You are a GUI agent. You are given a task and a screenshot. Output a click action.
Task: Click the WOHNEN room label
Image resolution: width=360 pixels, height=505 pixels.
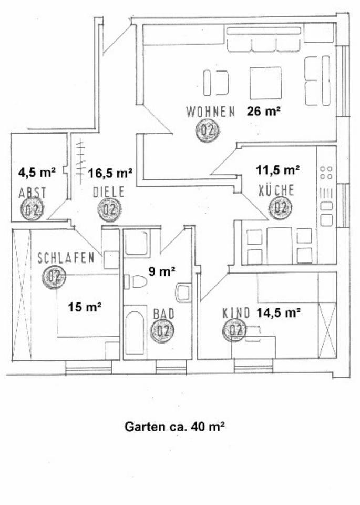click(x=210, y=112)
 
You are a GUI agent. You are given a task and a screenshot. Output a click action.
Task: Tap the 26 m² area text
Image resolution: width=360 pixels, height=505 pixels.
click(x=263, y=111)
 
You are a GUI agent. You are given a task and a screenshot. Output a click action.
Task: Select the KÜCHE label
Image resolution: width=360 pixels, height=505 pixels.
click(x=276, y=190)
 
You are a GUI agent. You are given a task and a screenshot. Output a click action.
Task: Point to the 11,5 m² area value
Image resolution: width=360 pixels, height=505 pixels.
click(x=277, y=169)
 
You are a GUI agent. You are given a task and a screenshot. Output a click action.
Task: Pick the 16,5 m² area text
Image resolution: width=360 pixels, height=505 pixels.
click(x=110, y=172)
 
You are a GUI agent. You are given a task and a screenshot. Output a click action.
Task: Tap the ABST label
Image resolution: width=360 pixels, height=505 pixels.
click(x=32, y=193)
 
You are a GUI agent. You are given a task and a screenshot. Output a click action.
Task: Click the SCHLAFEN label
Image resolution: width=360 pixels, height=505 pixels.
click(x=66, y=258)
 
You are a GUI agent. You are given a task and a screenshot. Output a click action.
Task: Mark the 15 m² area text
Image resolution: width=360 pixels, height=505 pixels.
click(x=85, y=306)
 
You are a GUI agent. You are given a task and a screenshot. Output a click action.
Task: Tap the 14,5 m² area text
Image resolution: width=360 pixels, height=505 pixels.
click(x=279, y=313)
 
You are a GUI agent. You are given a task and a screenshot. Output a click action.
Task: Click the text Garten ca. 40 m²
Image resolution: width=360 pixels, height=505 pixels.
click(x=174, y=427)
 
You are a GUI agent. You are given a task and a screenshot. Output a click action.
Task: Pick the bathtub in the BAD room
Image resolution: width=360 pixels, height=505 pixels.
click(x=136, y=333)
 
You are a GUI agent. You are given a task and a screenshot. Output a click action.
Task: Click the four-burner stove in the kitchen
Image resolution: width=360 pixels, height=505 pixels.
click(x=326, y=173)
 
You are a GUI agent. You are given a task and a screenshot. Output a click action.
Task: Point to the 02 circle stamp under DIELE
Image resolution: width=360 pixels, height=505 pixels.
click(x=109, y=209)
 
